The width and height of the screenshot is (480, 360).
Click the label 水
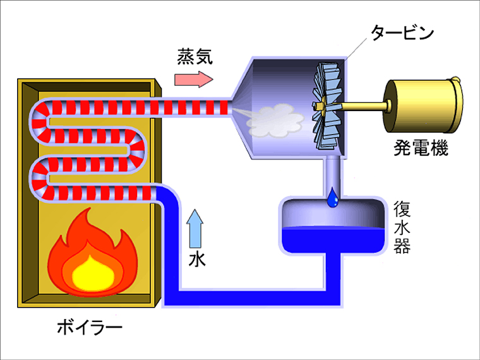(x=197, y=259)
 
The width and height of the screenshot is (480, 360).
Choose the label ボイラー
(x=89, y=327)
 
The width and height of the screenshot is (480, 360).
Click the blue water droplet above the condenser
(x=332, y=198)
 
